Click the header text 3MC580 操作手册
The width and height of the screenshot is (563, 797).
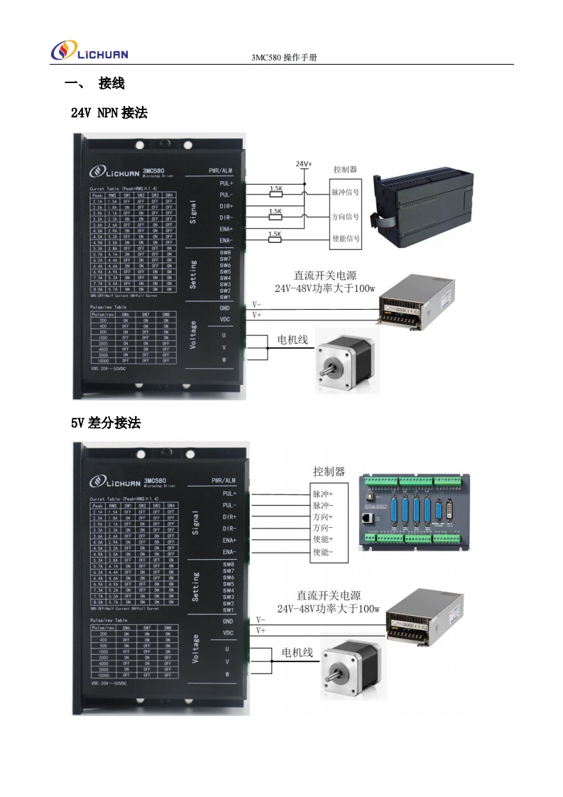(284, 58)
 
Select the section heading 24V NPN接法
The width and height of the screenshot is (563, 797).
(109, 112)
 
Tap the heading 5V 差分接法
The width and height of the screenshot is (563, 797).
(106, 423)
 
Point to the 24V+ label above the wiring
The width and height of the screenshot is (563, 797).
(304, 164)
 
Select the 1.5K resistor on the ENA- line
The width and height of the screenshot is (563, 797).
(275, 235)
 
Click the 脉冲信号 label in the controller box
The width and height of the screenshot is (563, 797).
(346, 193)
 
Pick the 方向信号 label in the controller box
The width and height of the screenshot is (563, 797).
(346, 216)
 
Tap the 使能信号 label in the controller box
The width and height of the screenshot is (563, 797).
(346, 239)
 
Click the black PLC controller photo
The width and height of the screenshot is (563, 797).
(425, 202)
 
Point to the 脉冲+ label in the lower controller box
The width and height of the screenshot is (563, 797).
(323, 494)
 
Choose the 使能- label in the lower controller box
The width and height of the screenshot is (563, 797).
(323, 552)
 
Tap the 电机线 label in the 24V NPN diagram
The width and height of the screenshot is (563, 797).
(293, 340)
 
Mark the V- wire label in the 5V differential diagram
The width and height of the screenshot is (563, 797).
(261, 619)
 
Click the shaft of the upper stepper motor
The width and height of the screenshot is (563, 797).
(330, 369)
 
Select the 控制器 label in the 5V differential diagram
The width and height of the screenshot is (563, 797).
(329, 471)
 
